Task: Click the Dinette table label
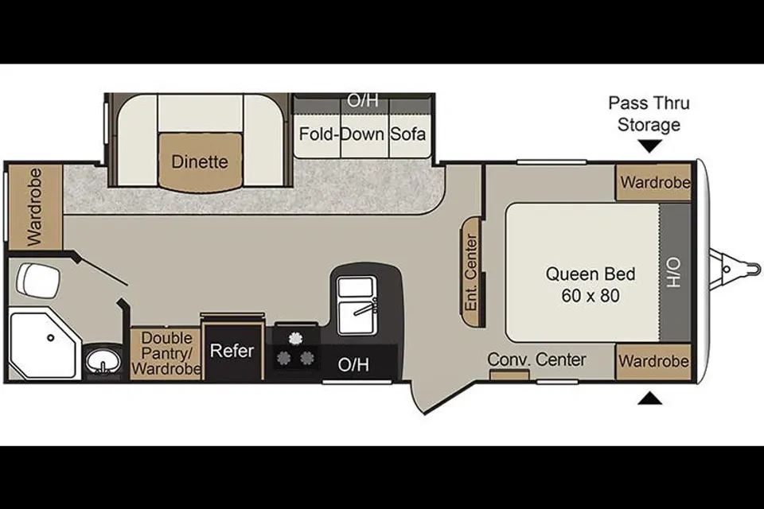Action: pyautogui.click(x=200, y=161)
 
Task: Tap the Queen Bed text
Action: pyautogui.click(x=590, y=274)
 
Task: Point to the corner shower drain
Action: pyautogui.click(x=50, y=337)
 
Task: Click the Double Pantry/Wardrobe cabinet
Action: pyautogui.click(x=166, y=354)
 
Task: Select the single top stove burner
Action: pyautogui.click(x=294, y=338)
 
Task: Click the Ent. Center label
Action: pyautogui.click(x=471, y=272)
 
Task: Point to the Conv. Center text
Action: pyautogui.click(x=536, y=359)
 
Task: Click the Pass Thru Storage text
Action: pyautogui.click(x=649, y=114)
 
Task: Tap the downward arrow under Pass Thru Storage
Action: pyautogui.click(x=649, y=146)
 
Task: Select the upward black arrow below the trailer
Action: pyautogui.click(x=650, y=398)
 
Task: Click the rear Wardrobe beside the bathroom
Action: pyautogui.click(x=35, y=207)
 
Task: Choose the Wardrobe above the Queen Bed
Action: pyautogui.click(x=654, y=183)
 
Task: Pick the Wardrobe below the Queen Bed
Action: pyautogui.click(x=654, y=361)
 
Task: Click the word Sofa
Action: pyautogui.click(x=407, y=134)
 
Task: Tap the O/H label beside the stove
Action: pyautogui.click(x=353, y=364)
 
